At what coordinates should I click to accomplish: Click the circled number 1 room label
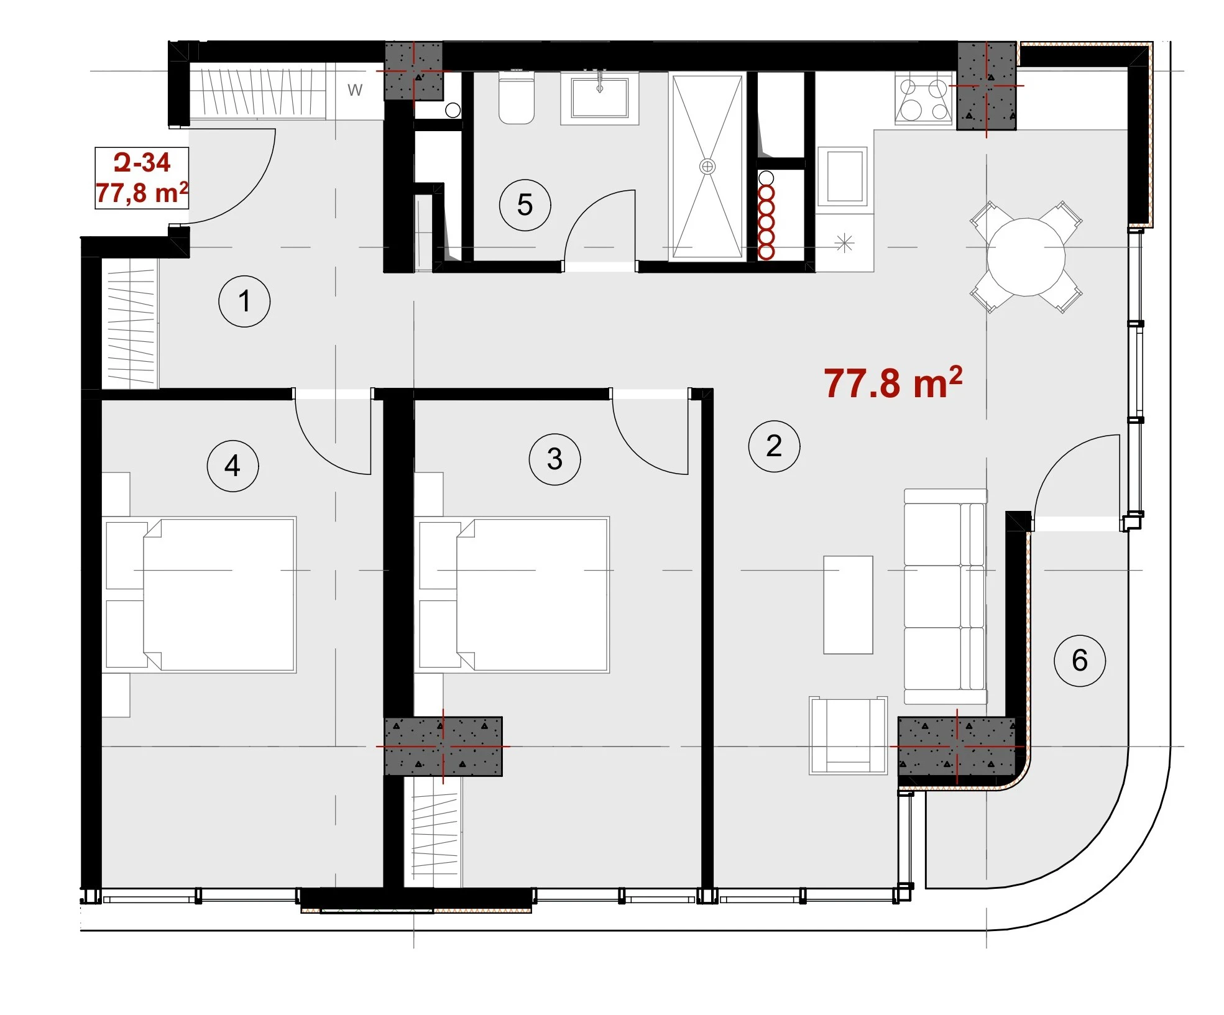[x=244, y=301]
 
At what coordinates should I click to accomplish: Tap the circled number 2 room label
[x=774, y=446]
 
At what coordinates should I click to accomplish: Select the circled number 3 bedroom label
[x=554, y=459]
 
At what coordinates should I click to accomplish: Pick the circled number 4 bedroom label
[x=232, y=466]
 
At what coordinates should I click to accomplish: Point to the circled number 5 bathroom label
[x=525, y=205]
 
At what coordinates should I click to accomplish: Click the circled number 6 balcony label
[x=1080, y=660]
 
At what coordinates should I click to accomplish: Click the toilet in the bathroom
[x=517, y=98]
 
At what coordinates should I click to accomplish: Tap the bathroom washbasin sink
[x=600, y=98]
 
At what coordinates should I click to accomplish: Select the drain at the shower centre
[x=707, y=167]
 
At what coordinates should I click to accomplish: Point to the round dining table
[x=1026, y=257]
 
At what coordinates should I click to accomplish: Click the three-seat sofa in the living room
[x=946, y=597]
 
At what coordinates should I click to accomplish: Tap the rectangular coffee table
[x=848, y=605]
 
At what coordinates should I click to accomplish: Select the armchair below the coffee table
[x=848, y=735]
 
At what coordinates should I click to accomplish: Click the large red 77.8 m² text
[x=893, y=382]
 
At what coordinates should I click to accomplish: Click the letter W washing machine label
[x=355, y=90]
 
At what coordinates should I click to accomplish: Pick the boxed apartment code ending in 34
[x=142, y=178]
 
